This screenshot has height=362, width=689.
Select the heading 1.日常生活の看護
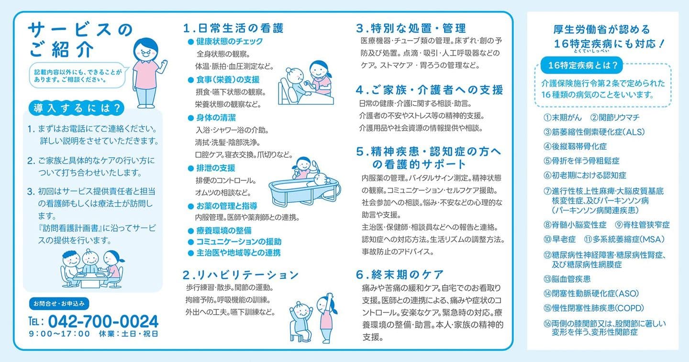[x=233, y=28]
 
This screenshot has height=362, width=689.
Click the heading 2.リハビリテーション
[x=241, y=274]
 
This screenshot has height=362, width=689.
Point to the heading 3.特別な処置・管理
[x=411, y=28]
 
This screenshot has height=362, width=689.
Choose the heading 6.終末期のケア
[x=400, y=274]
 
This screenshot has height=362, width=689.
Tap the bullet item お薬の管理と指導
[x=226, y=206]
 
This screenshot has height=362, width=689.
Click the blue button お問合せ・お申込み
[x=58, y=303]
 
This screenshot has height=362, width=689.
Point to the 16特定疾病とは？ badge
[x=578, y=64]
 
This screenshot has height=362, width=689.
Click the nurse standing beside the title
[x=146, y=72]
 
